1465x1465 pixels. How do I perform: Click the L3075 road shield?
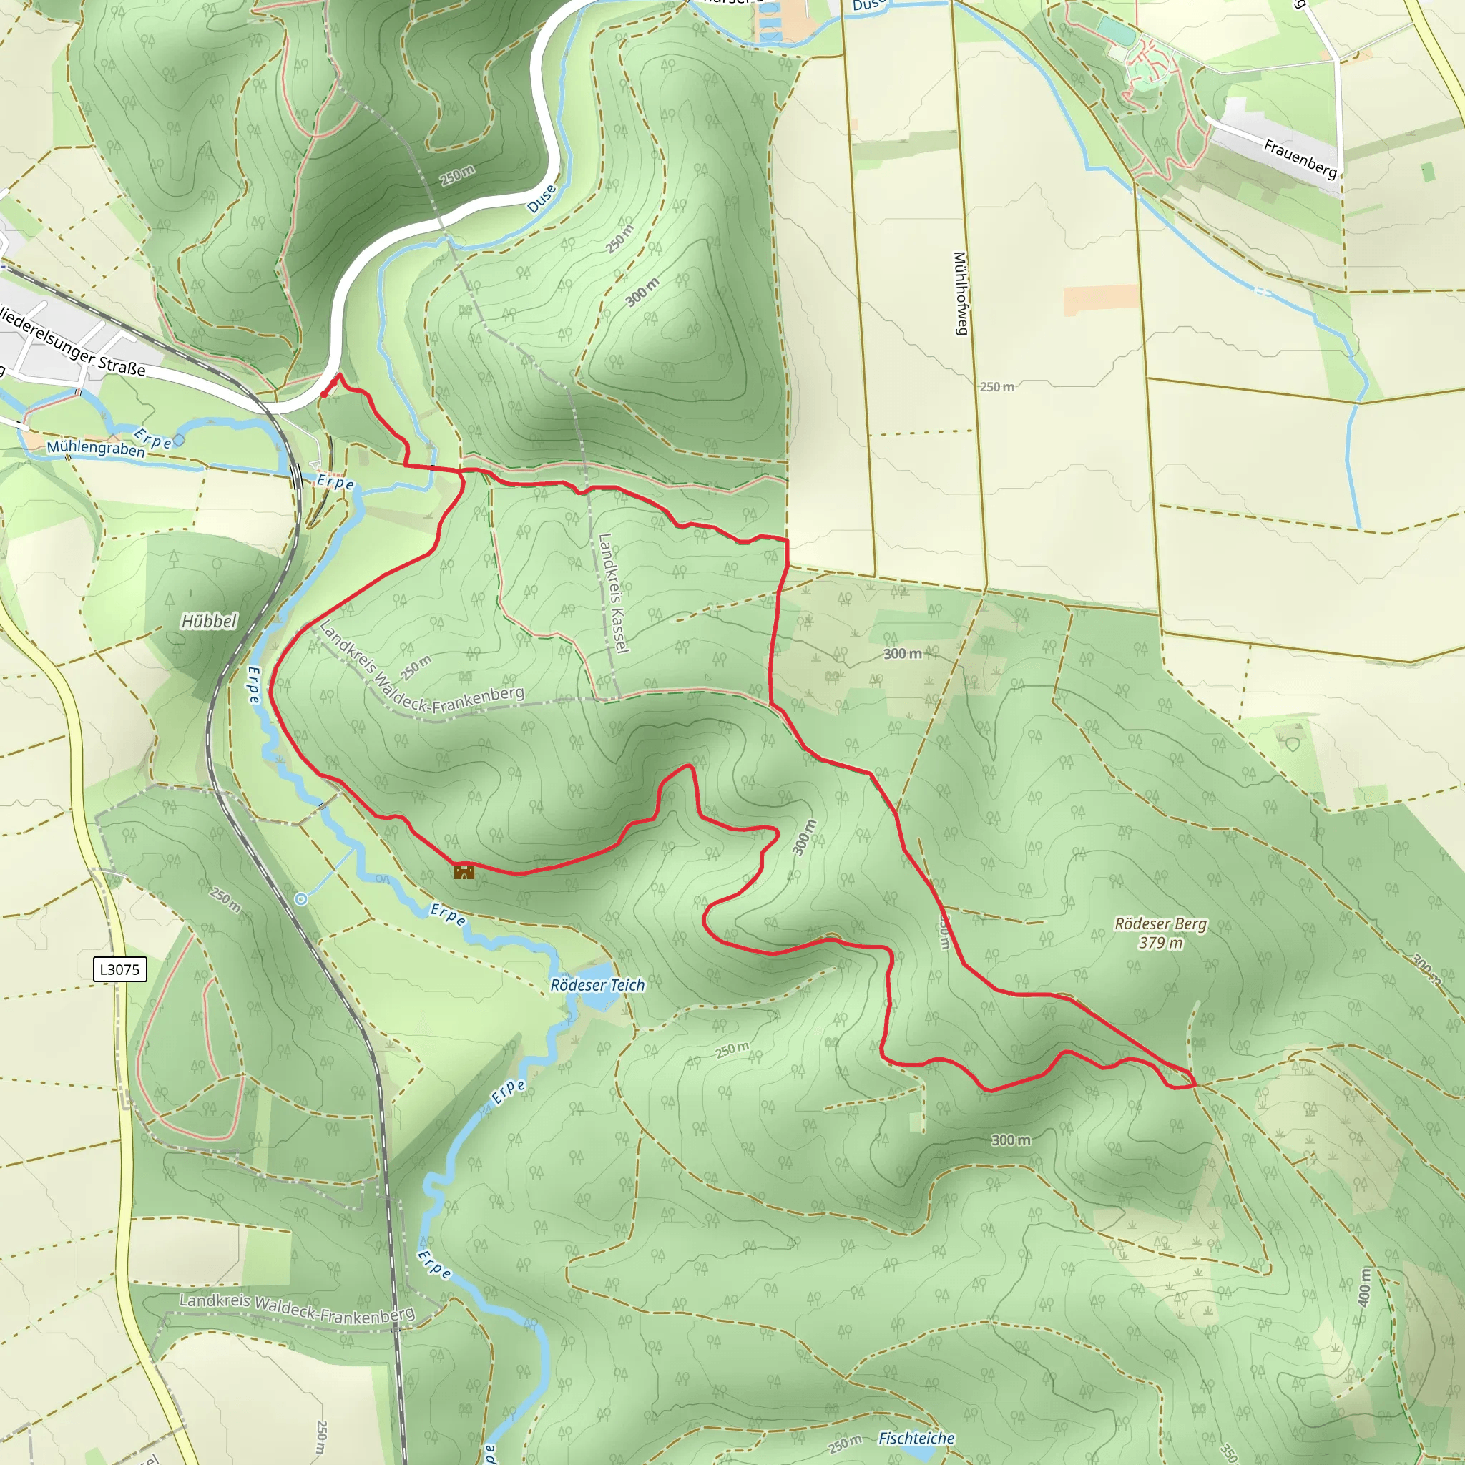coord(119,969)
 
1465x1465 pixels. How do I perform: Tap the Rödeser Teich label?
coord(597,985)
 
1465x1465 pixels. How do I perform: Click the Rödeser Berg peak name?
coord(1160,923)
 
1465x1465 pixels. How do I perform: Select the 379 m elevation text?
coord(1160,943)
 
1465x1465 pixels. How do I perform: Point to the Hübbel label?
coord(210,622)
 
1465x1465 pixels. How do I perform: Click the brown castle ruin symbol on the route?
coord(464,872)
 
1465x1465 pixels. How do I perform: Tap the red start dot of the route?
coord(325,394)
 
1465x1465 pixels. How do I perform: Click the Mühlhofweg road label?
coord(960,293)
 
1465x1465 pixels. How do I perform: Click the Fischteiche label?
coord(916,1439)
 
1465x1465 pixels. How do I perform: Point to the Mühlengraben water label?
coord(96,448)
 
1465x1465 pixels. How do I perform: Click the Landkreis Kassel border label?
coord(614,592)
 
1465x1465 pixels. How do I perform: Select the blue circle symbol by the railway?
coord(301,899)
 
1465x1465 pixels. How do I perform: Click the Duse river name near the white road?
coord(542,199)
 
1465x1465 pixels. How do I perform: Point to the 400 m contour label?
coord(1365,1287)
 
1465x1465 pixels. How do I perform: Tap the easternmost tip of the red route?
coord(1196,1084)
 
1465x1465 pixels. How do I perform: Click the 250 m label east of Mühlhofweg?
coord(996,387)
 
